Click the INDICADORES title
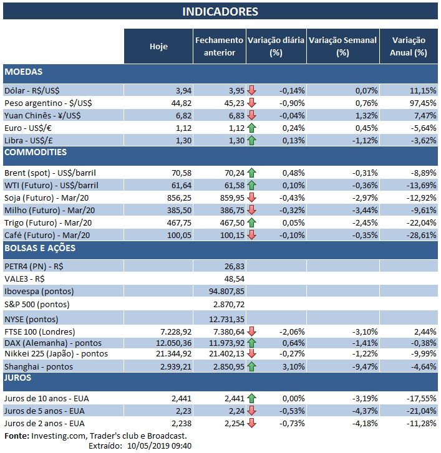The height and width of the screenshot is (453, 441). click(220, 12)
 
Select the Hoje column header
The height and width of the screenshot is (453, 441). click(158, 46)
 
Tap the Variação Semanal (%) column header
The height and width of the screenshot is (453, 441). click(342, 46)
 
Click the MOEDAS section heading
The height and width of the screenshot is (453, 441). click(23, 72)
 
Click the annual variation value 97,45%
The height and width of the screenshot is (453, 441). click(412, 102)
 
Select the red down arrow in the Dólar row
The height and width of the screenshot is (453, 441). click(252, 90)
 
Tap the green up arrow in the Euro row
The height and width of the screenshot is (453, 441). click(252, 127)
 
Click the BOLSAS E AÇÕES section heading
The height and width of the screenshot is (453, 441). click(40, 248)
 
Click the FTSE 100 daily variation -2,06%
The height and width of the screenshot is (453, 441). click(290, 331)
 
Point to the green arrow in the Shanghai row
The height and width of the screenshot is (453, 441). click(252, 367)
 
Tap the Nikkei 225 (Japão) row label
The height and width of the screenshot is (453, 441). click(56, 354)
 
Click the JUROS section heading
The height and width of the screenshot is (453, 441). click(19, 378)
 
